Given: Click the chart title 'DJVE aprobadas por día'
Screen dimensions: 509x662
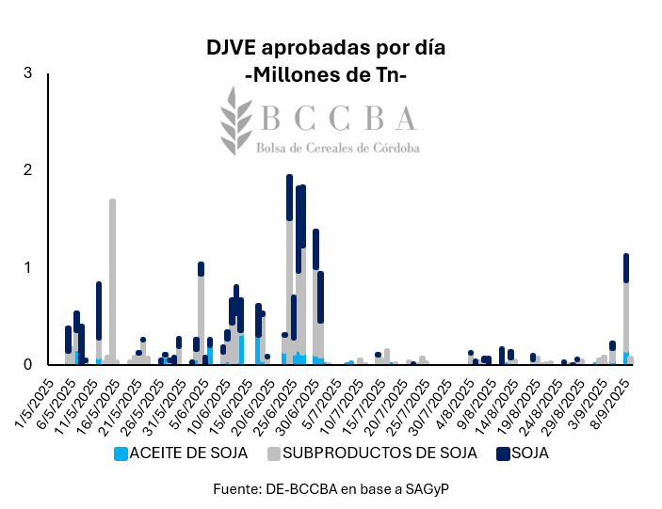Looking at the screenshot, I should pyautogui.click(x=326, y=48).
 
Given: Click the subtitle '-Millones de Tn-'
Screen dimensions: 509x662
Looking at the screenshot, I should pyautogui.click(x=326, y=74).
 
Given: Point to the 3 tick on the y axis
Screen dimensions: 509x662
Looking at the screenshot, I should pyautogui.click(x=28, y=73).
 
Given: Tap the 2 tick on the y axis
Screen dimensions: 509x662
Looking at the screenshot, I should pyautogui.click(x=28, y=170).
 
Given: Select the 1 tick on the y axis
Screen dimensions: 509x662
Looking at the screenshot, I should pyautogui.click(x=28, y=267).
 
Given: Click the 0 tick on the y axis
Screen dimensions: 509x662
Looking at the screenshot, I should pyautogui.click(x=28, y=364).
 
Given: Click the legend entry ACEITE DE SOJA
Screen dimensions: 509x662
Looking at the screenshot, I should pyautogui.click(x=187, y=453).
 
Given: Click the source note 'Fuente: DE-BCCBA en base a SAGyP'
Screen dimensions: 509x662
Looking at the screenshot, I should pyautogui.click(x=327, y=489).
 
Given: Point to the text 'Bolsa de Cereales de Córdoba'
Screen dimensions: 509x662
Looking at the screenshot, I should pyautogui.click(x=338, y=148).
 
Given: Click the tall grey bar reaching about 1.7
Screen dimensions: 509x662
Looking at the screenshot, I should pyautogui.click(x=112, y=282).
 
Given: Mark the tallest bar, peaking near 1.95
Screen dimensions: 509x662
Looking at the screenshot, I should pyautogui.click(x=289, y=273).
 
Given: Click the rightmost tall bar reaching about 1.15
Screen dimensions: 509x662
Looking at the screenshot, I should pyautogui.click(x=625, y=310).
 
